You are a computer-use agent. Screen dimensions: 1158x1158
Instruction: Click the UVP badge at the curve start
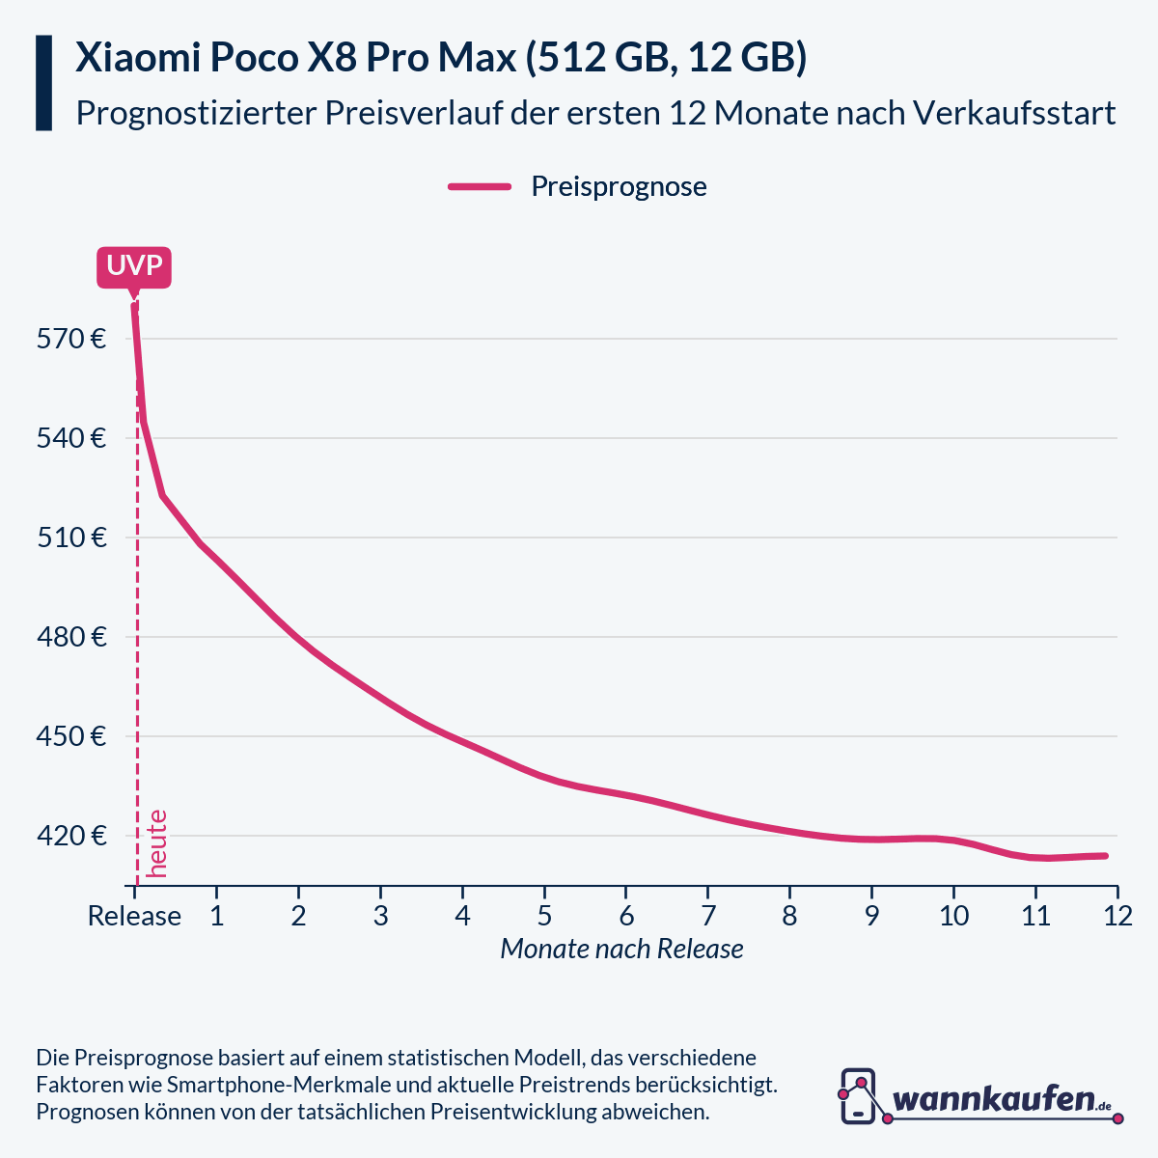point(134,267)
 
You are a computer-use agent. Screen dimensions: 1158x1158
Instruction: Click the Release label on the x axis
point(134,916)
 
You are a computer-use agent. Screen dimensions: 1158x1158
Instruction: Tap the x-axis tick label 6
point(626,916)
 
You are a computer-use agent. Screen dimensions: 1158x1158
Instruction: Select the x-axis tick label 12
point(1117,916)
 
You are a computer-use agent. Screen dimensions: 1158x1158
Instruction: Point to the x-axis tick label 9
point(871,916)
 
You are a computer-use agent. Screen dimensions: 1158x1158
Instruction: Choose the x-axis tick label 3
point(380,916)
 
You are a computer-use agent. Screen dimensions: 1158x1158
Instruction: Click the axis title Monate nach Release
point(621,950)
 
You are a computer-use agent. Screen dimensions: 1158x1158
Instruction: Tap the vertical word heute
point(156,843)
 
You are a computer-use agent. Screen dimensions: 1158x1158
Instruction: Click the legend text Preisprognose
point(619,187)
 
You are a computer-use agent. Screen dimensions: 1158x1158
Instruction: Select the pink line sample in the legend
point(480,187)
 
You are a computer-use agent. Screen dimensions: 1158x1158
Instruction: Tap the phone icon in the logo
point(858,1096)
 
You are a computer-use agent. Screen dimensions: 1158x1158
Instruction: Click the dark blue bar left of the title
point(43,83)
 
